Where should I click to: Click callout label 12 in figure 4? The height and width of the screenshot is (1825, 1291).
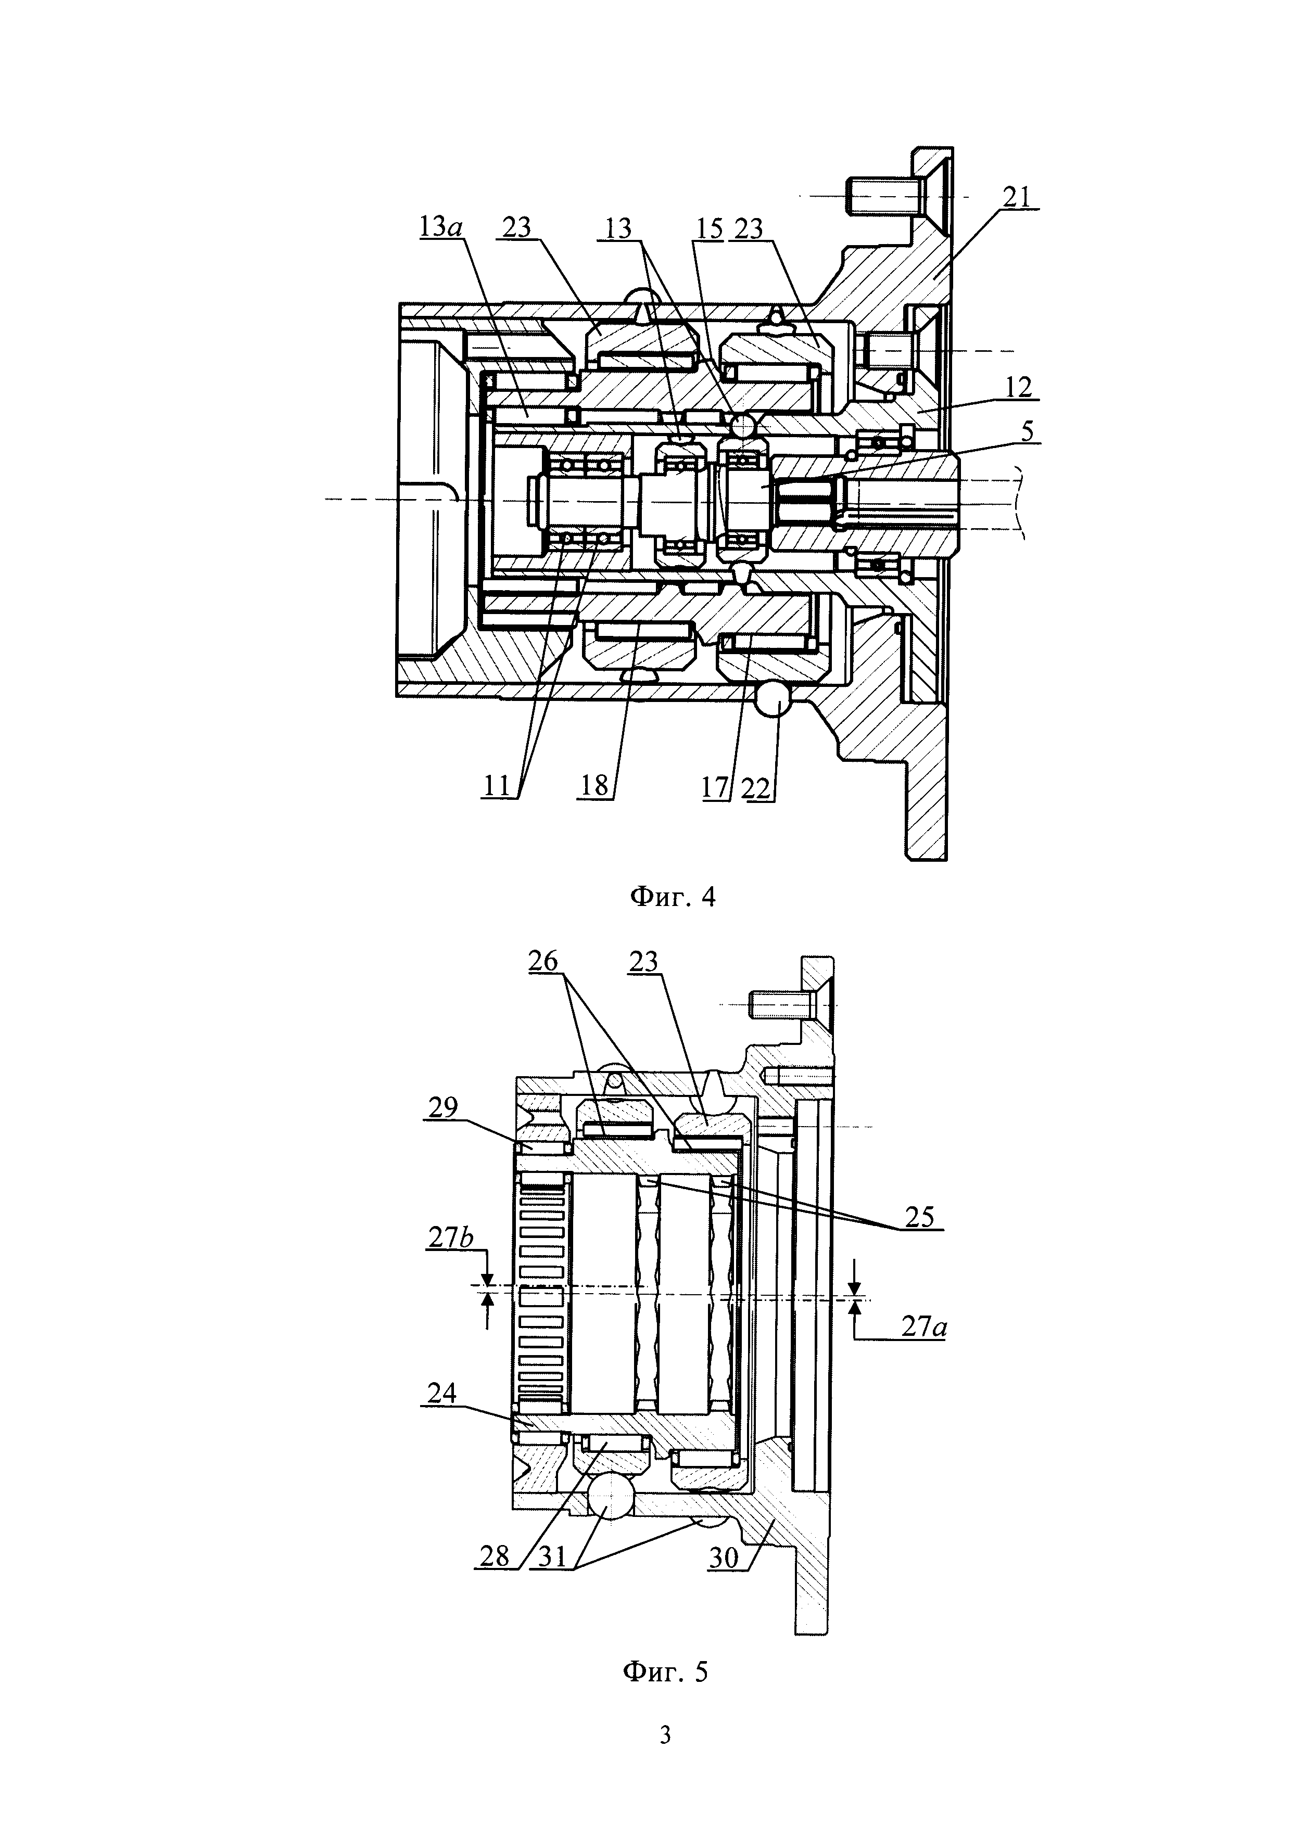pos(1018,387)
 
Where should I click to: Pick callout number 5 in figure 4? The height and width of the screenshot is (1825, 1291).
pos(1028,431)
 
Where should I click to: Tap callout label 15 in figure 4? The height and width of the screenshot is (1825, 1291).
pos(707,228)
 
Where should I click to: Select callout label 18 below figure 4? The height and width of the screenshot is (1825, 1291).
pos(594,786)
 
